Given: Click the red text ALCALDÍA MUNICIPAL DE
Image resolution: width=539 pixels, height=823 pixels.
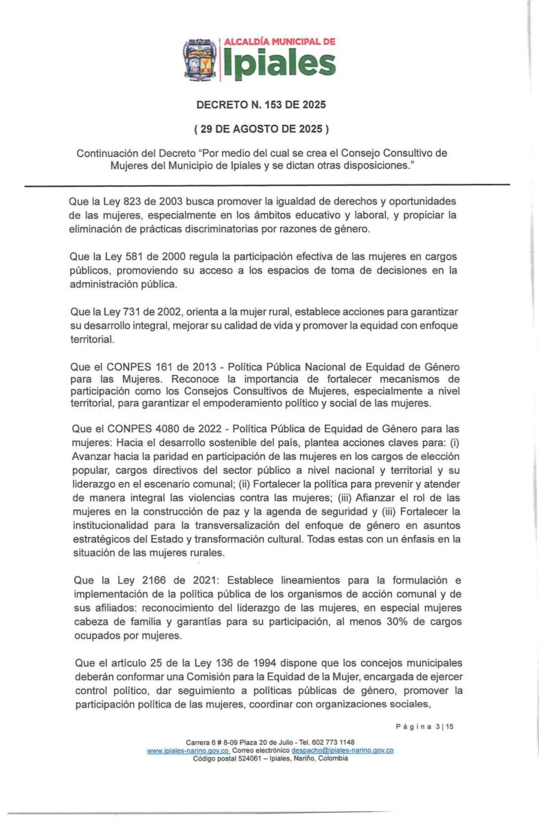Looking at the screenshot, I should pos(279,41).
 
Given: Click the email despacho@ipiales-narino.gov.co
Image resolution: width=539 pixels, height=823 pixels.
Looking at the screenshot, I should pos(342,750).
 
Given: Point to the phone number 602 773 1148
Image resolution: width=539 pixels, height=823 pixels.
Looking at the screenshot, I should pos(332,742).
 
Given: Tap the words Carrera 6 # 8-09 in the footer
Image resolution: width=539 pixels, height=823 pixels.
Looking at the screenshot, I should pos(209,742).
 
